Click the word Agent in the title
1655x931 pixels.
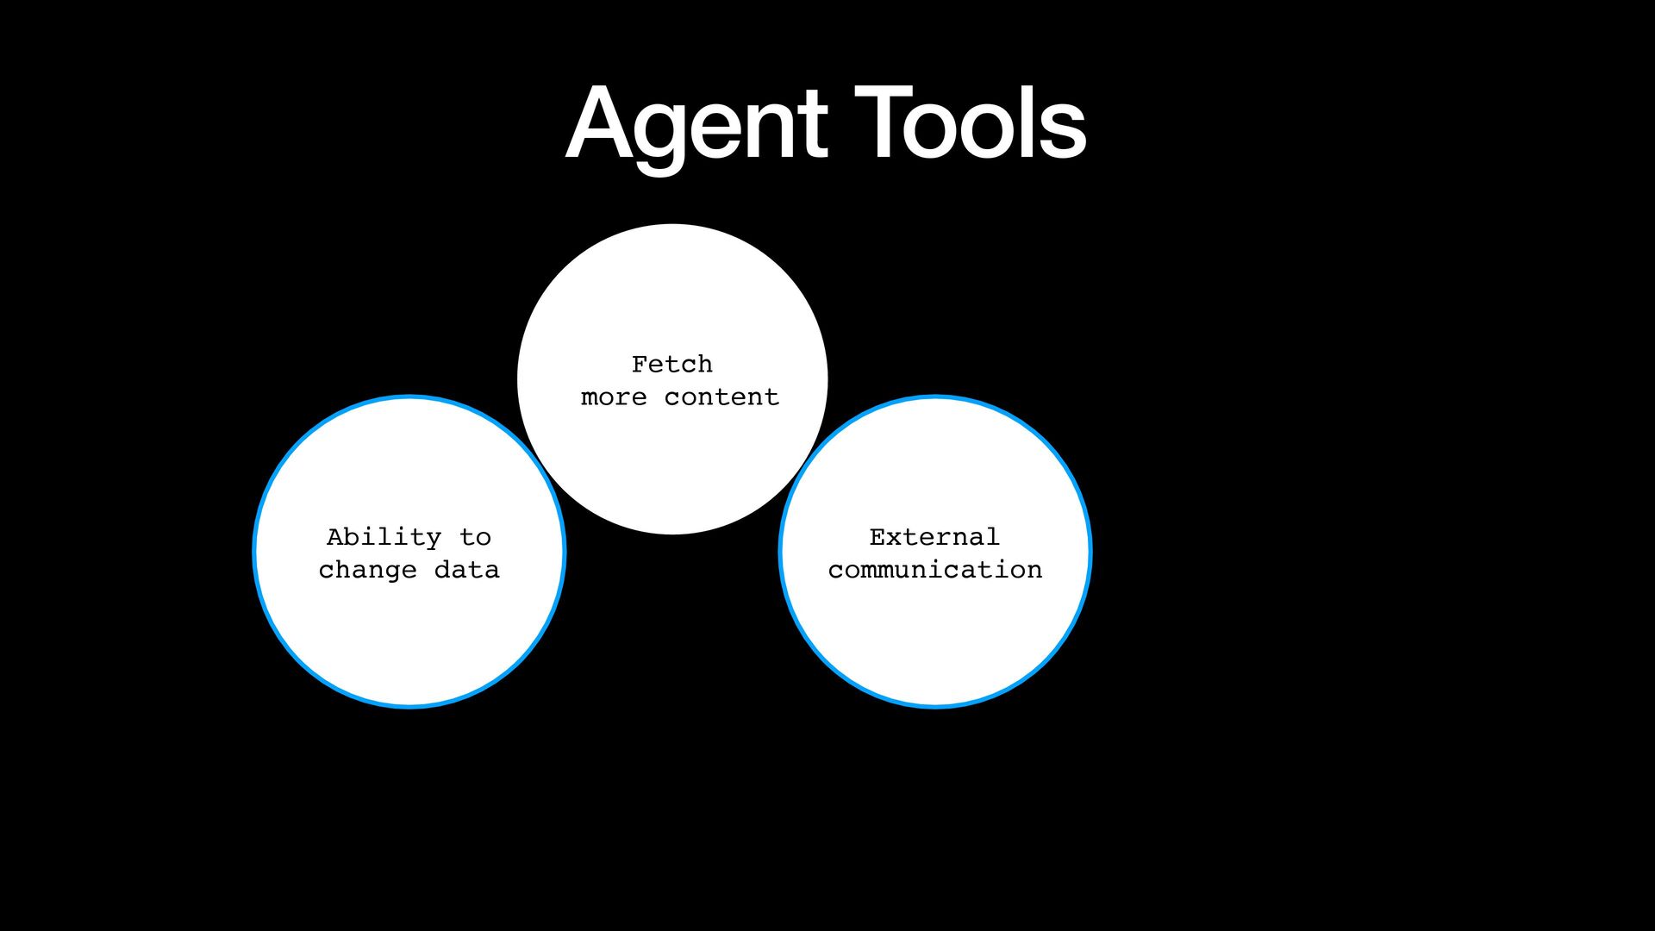[696, 126]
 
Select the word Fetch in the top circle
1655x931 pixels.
[671, 364]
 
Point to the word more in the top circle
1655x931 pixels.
[613, 397]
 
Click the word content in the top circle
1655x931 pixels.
[721, 397]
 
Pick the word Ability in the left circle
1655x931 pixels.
[384, 538]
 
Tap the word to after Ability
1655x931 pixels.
[475, 537]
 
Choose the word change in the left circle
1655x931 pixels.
[367, 571]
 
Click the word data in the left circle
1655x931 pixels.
[466, 570]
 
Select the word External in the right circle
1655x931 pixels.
[934, 537]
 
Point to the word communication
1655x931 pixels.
[935, 570]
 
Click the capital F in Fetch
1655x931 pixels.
[639, 364]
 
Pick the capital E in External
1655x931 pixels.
[877, 537]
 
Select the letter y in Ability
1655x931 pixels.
[434, 540]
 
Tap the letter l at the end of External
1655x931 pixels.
[992, 536]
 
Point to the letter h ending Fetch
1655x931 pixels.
[704, 364]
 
